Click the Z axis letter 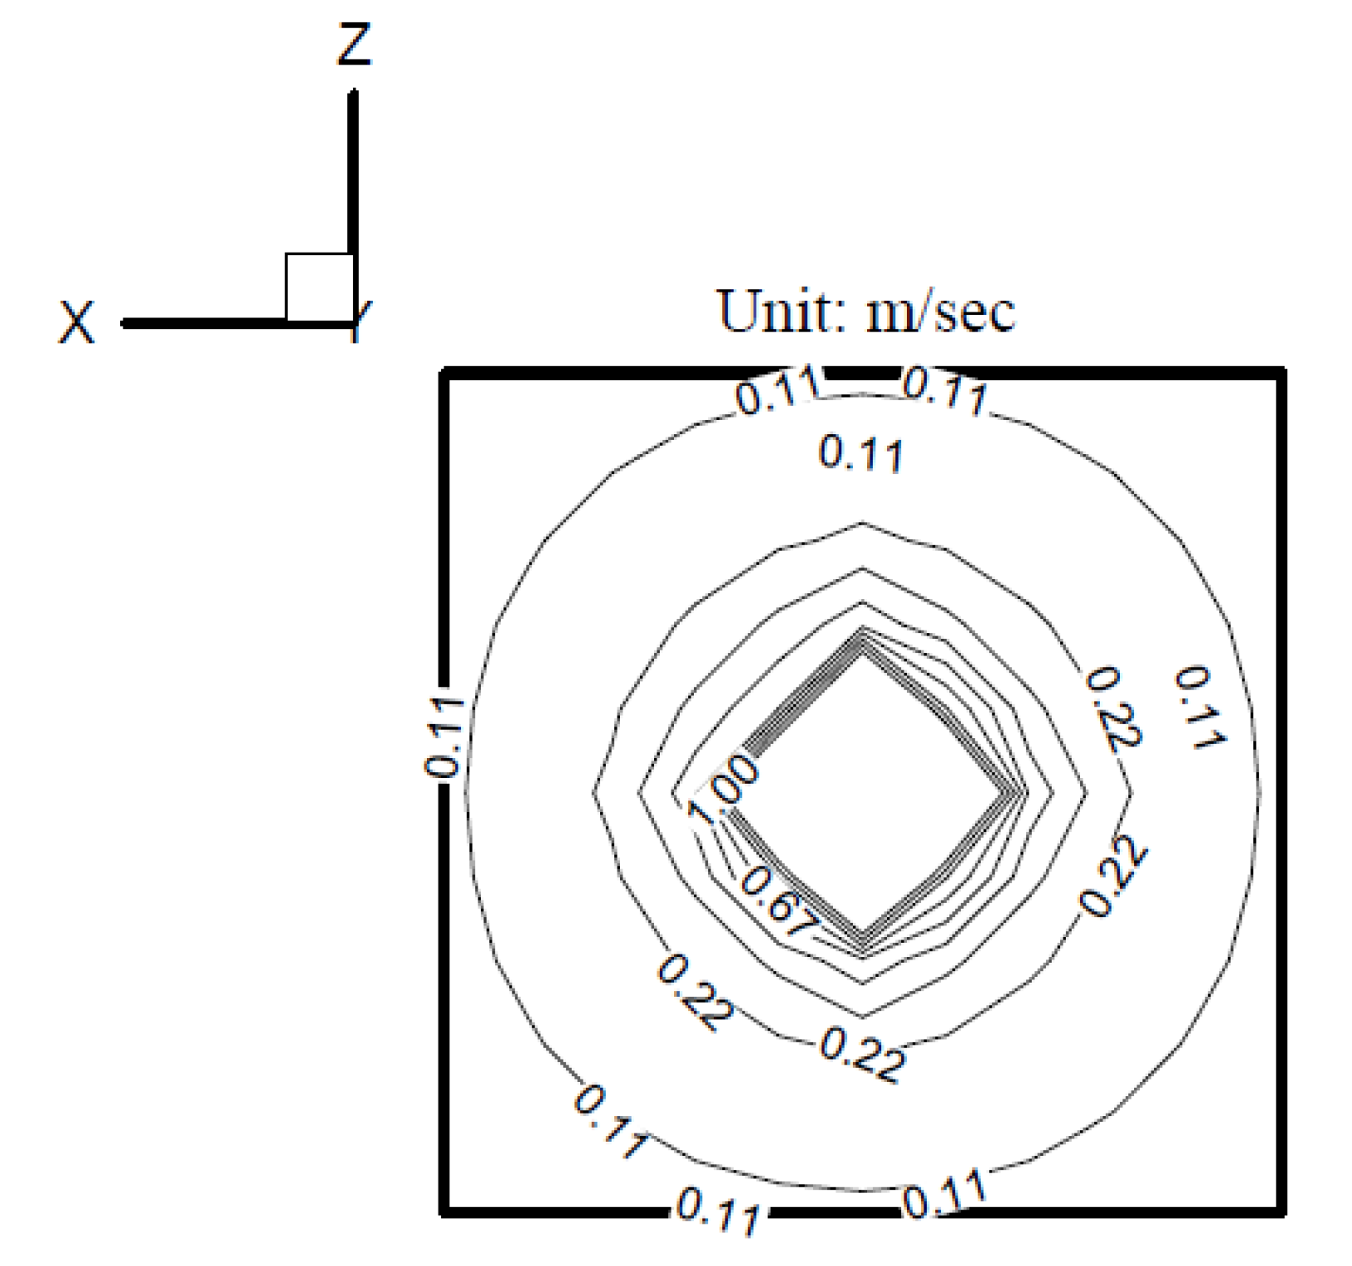pos(354,45)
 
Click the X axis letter pos(76,322)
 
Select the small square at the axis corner pos(320,287)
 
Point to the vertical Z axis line pos(354,206)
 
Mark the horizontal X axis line pos(239,323)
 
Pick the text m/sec pos(940,312)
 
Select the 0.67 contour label pos(777,901)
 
